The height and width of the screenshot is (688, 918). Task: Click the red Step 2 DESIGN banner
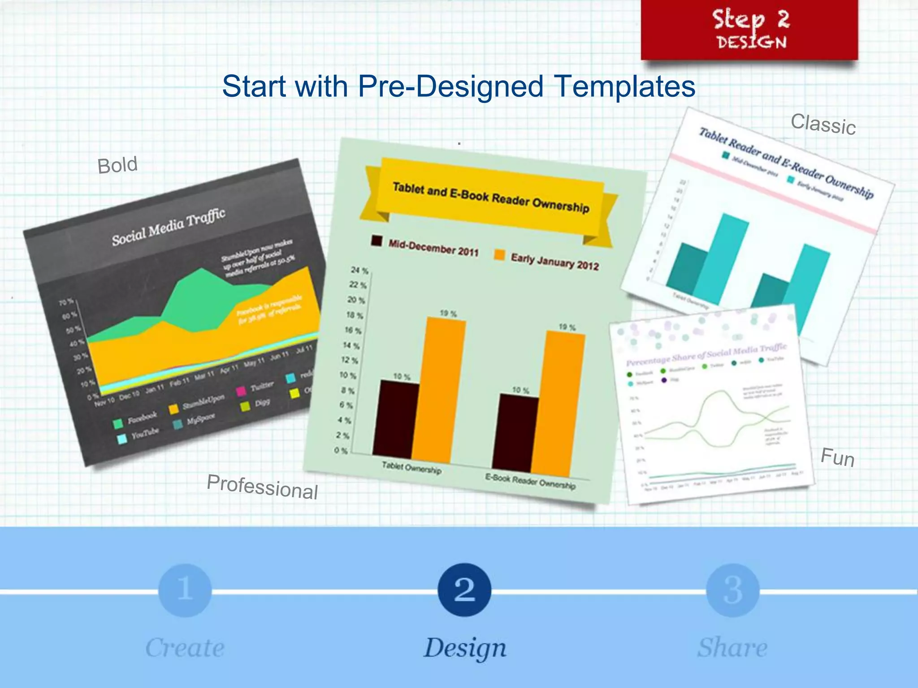click(x=749, y=30)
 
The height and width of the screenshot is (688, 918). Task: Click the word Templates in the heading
click(x=624, y=86)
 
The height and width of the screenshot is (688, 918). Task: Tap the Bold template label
click(x=117, y=165)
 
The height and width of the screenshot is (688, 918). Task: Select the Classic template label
click(x=823, y=124)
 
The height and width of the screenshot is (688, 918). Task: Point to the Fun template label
click(x=837, y=458)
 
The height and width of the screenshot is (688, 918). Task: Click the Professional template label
click(x=262, y=487)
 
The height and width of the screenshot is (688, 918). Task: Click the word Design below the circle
click(x=465, y=648)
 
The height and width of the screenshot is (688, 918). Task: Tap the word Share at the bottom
click(x=732, y=648)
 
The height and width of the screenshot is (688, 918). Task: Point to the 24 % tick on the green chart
click(x=359, y=271)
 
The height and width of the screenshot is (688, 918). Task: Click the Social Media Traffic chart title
click(x=169, y=227)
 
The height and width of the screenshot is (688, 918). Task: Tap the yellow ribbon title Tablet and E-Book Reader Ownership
click(x=490, y=198)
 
